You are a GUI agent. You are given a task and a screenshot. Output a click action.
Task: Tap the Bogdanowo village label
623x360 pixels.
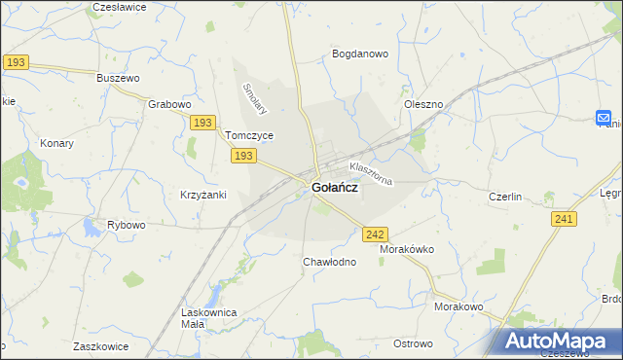pos(360,54)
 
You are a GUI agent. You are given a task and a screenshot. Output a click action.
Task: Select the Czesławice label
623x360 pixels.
pos(119,7)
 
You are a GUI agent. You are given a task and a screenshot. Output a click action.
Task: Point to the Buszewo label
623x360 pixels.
pos(120,77)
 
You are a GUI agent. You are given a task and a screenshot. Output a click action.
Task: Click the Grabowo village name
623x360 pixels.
pos(169,103)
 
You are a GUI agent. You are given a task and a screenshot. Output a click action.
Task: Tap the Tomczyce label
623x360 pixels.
pos(248,136)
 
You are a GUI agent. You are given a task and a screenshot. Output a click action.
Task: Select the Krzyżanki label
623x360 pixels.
pos(202,195)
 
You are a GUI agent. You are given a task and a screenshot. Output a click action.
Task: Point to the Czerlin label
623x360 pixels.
pos(506,197)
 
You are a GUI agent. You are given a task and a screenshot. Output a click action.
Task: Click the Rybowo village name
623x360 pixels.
pos(126,225)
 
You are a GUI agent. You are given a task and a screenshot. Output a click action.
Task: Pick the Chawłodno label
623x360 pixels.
pos(329,262)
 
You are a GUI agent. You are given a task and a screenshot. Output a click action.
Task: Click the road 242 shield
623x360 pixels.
pos(375,234)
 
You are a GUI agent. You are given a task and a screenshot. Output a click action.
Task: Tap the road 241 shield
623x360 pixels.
pos(562,220)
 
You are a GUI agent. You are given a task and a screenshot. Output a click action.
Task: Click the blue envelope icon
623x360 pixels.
pos(604,118)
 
